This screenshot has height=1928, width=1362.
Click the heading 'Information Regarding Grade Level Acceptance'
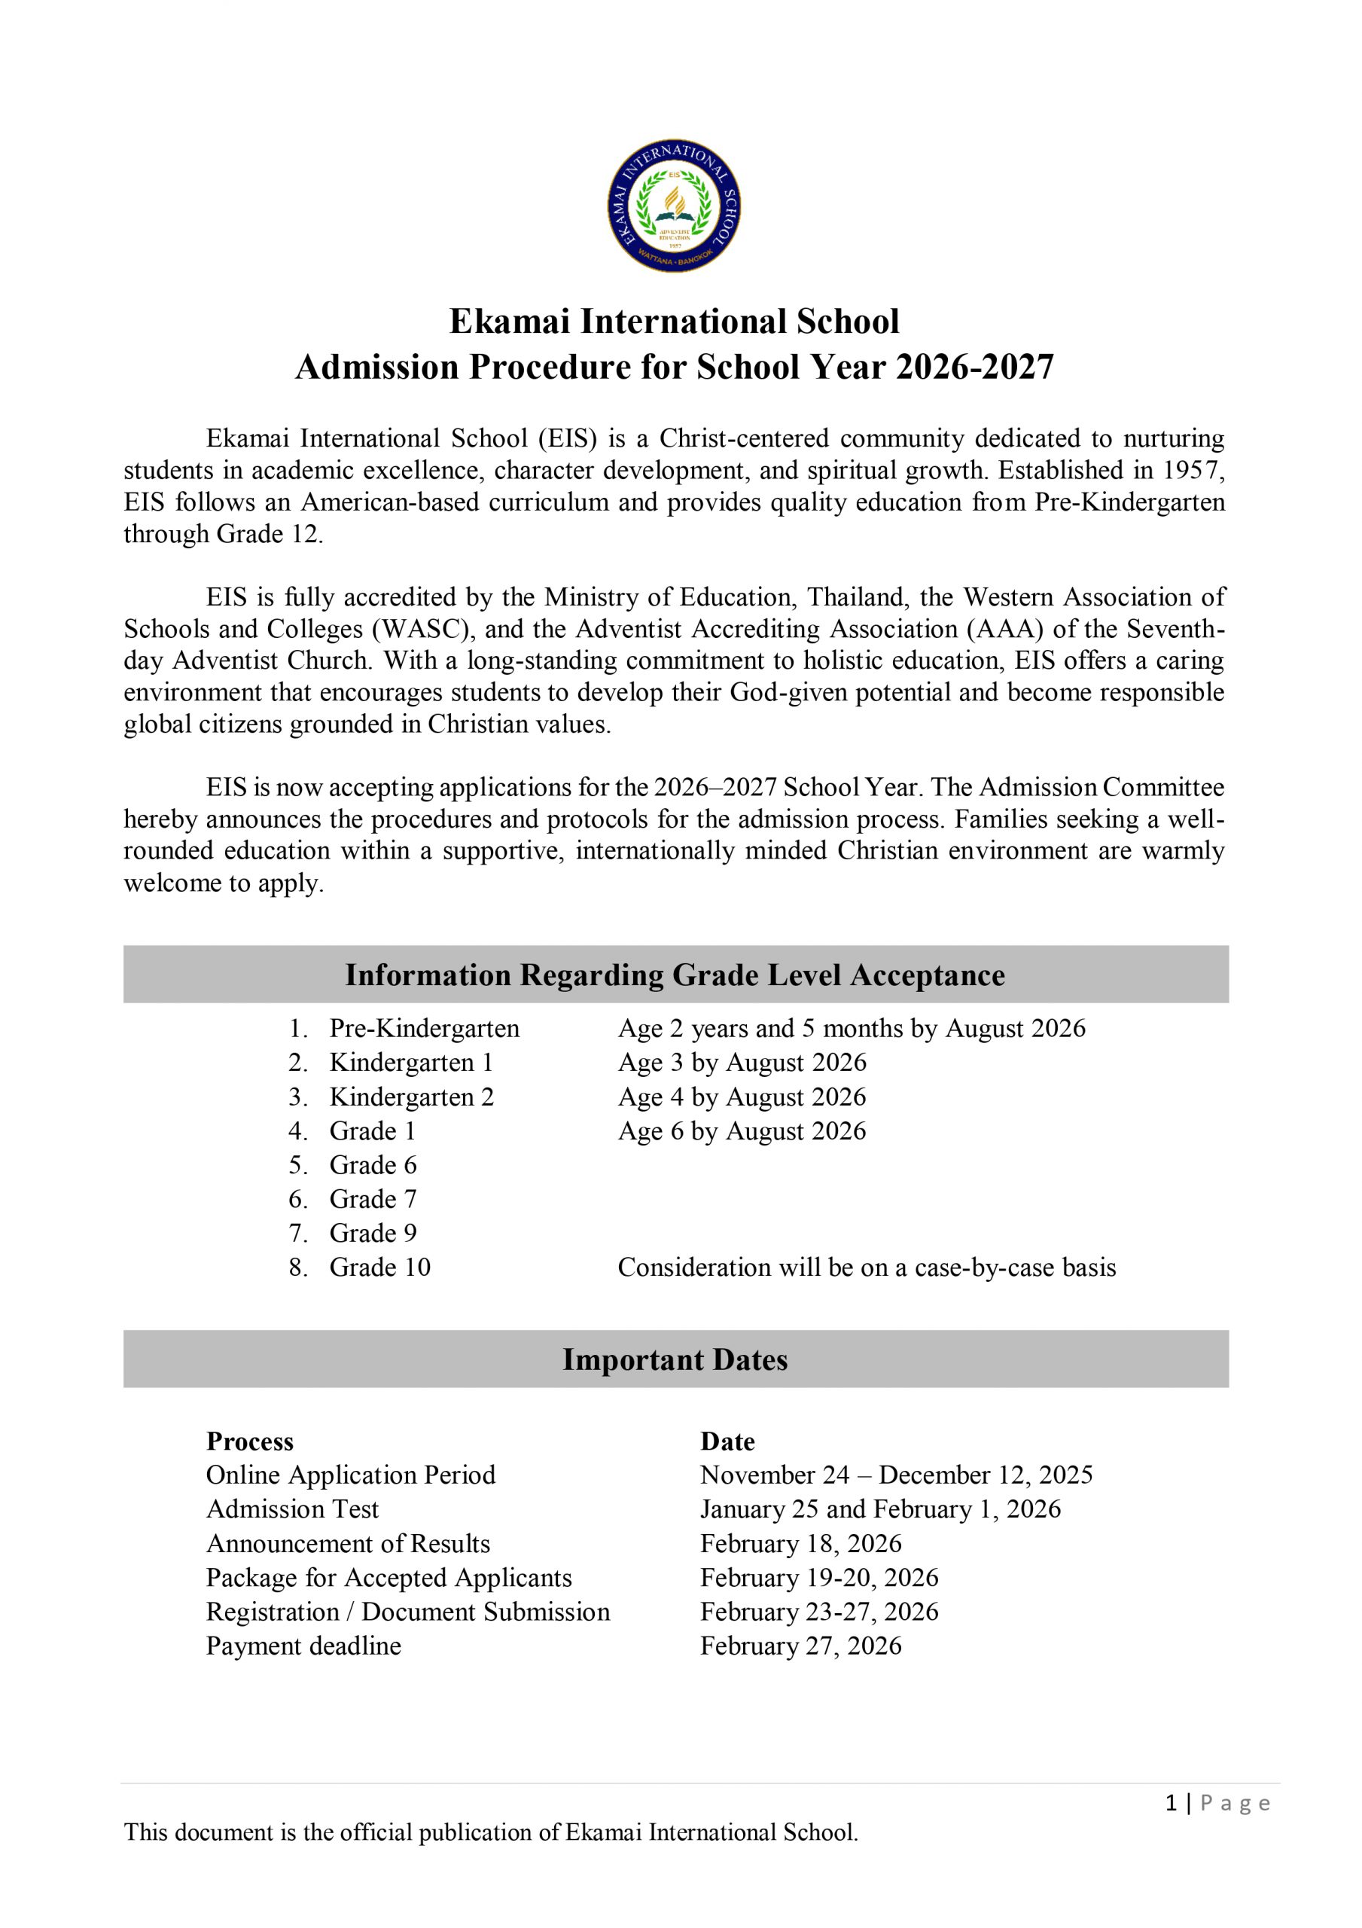click(675, 975)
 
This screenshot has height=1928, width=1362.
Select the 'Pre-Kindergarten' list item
click(424, 1029)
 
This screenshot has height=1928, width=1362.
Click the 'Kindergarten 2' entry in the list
click(411, 1097)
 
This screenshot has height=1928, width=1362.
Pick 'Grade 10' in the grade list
click(379, 1268)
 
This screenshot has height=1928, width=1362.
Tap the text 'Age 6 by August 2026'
click(742, 1131)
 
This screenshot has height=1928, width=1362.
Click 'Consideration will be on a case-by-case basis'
click(867, 1268)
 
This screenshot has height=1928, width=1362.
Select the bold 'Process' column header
click(250, 1441)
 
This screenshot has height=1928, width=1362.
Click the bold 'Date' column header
click(727, 1441)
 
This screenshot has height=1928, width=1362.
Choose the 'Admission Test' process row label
click(292, 1510)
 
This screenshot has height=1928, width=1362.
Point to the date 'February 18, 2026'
click(800, 1543)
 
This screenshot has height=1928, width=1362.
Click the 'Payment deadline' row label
click(303, 1646)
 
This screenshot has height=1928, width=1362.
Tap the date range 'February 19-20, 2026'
click(818, 1578)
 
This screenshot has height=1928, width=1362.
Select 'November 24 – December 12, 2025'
click(896, 1475)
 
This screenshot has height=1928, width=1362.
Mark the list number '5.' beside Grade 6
click(298, 1166)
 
